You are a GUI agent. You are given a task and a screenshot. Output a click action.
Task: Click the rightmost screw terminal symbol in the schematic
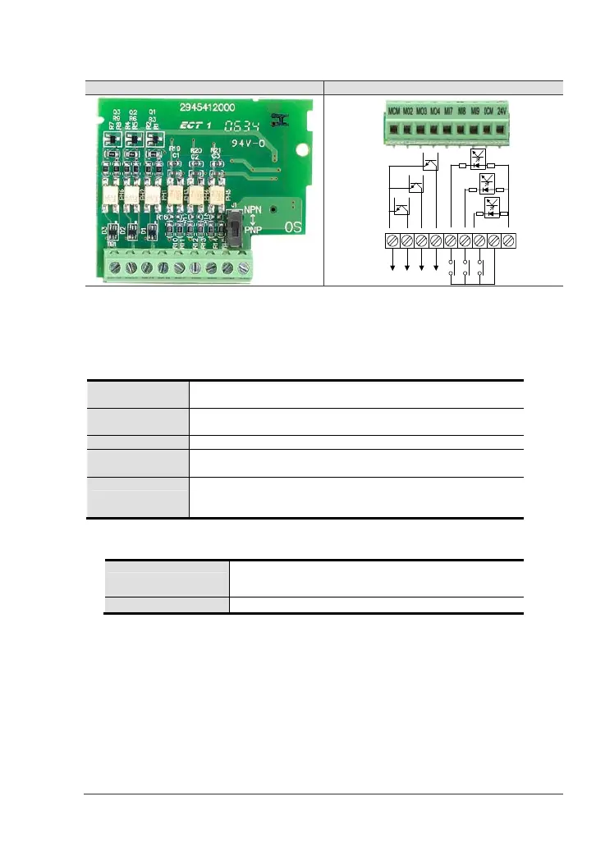click(508, 241)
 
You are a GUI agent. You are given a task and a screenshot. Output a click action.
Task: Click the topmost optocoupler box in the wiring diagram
click(476, 158)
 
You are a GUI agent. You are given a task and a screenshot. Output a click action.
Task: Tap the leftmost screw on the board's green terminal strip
click(114, 268)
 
